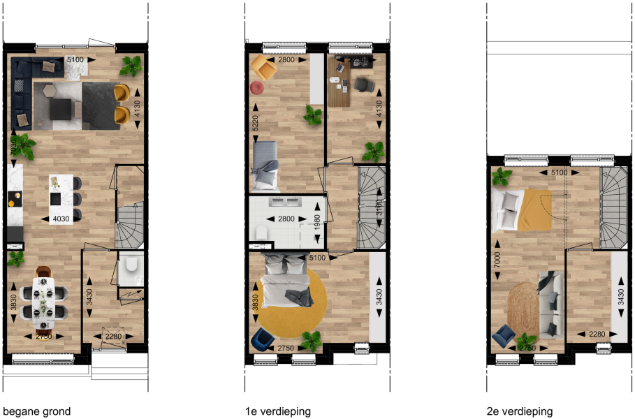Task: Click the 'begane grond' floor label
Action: pos(37,412)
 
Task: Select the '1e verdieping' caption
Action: pos(278,412)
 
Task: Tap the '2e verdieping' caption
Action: pos(520,412)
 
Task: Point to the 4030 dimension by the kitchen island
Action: pos(61,219)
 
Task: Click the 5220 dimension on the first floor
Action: pos(255,123)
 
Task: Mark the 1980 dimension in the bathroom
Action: pos(317,222)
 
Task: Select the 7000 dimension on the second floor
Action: pos(497,260)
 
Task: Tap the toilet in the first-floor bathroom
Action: pos(261,233)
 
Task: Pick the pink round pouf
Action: pos(256,87)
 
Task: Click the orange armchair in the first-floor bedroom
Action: pos(263,67)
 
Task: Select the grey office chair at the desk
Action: pos(364,85)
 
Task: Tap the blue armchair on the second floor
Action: pos(504,336)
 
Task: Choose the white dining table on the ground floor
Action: pos(44,303)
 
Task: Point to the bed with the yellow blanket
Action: pos(523,210)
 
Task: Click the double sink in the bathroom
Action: pos(287,201)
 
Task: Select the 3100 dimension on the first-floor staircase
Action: pos(379,207)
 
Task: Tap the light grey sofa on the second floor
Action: pos(550,305)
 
